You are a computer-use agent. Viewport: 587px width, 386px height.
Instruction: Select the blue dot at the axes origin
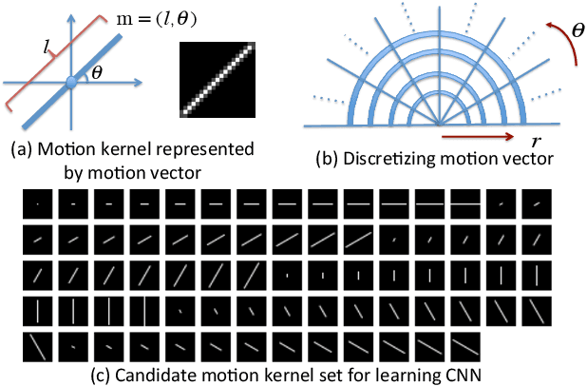click(x=70, y=85)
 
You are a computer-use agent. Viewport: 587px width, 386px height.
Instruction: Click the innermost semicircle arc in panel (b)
click(x=437, y=105)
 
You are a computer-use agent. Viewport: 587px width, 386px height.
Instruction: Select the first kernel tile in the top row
click(x=35, y=203)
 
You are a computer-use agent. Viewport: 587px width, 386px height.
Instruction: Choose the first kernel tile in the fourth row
click(x=35, y=308)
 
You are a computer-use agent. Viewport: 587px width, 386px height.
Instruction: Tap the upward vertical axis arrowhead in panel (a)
click(x=70, y=8)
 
